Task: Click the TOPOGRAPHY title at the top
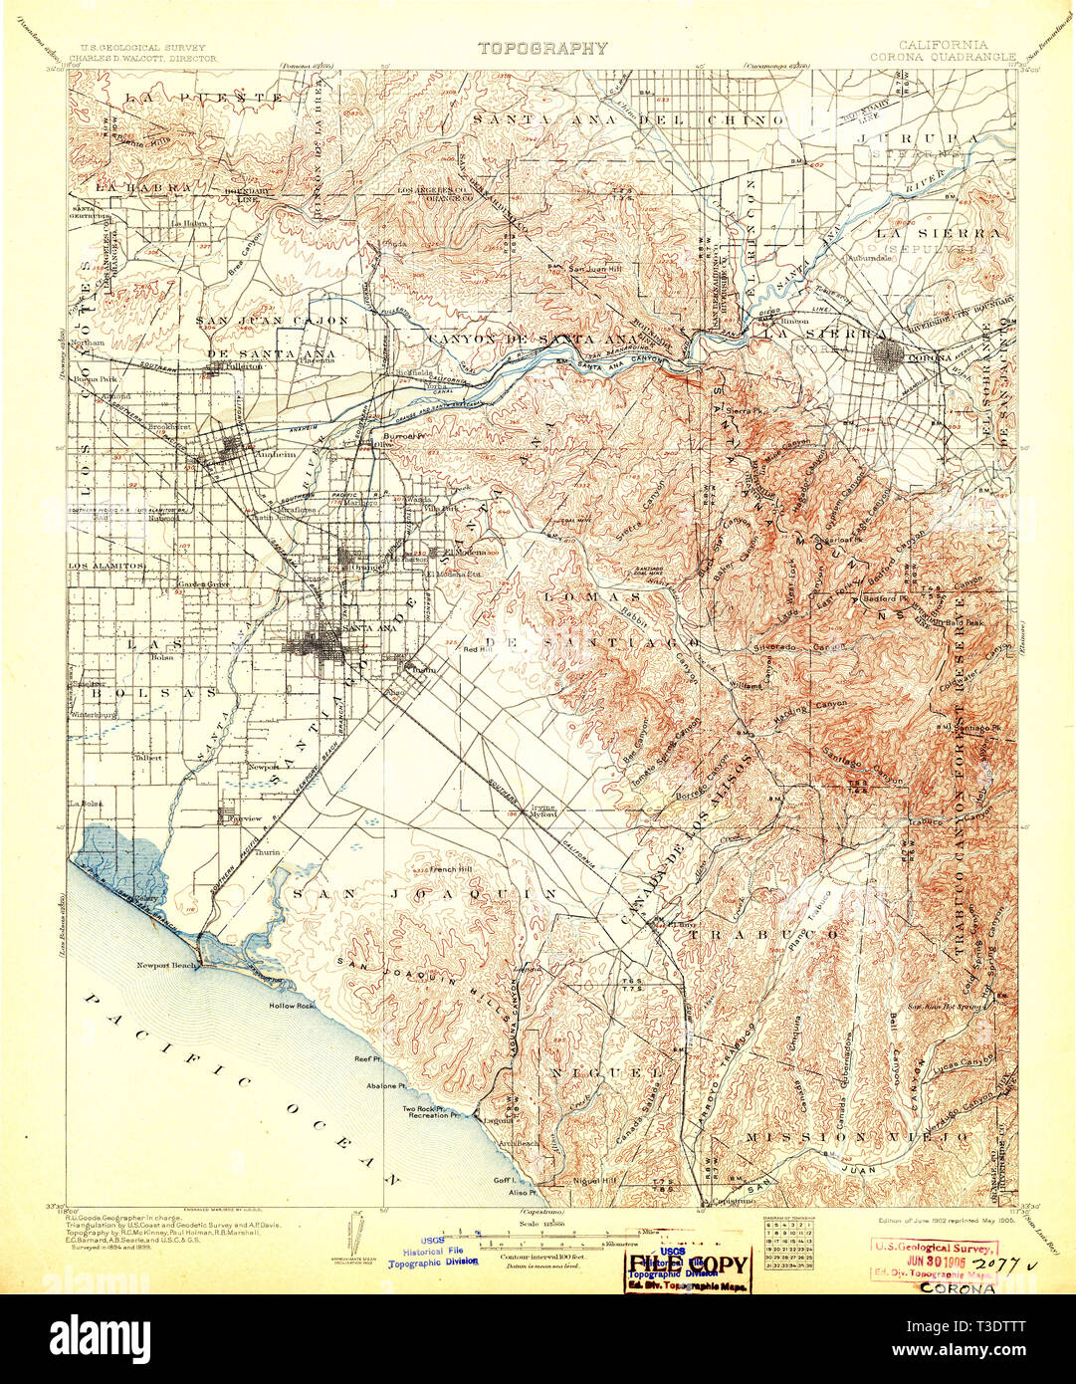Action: (x=541, y=48)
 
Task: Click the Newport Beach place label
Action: (x=167, y=965)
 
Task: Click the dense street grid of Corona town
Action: (x=888, y=352)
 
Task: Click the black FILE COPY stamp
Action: (x=688, y=1265)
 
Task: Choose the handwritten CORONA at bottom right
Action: (x=956, y=1287)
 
